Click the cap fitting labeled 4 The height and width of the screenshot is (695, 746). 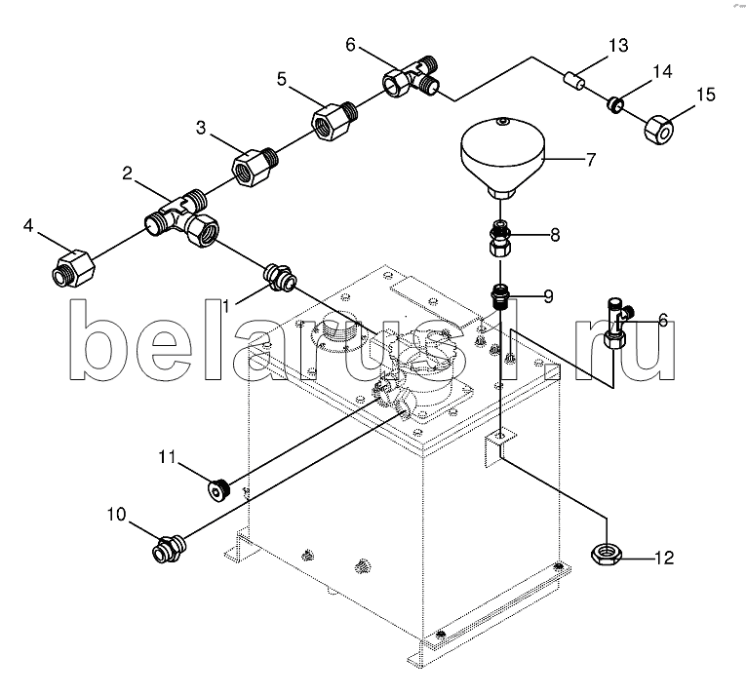[x=72, y=266]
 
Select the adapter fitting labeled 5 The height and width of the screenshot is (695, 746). [x=332, y=121]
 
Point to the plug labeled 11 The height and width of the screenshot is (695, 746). [x=218, y=487]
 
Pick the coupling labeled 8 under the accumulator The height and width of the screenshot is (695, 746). [x=499, y=237]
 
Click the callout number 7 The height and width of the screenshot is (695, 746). [x=590, y=159]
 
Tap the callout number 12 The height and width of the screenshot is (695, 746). [x=663, y=559]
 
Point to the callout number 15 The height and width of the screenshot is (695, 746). [x=704, y=95]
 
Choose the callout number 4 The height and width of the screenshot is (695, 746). [x=29, y=226]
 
